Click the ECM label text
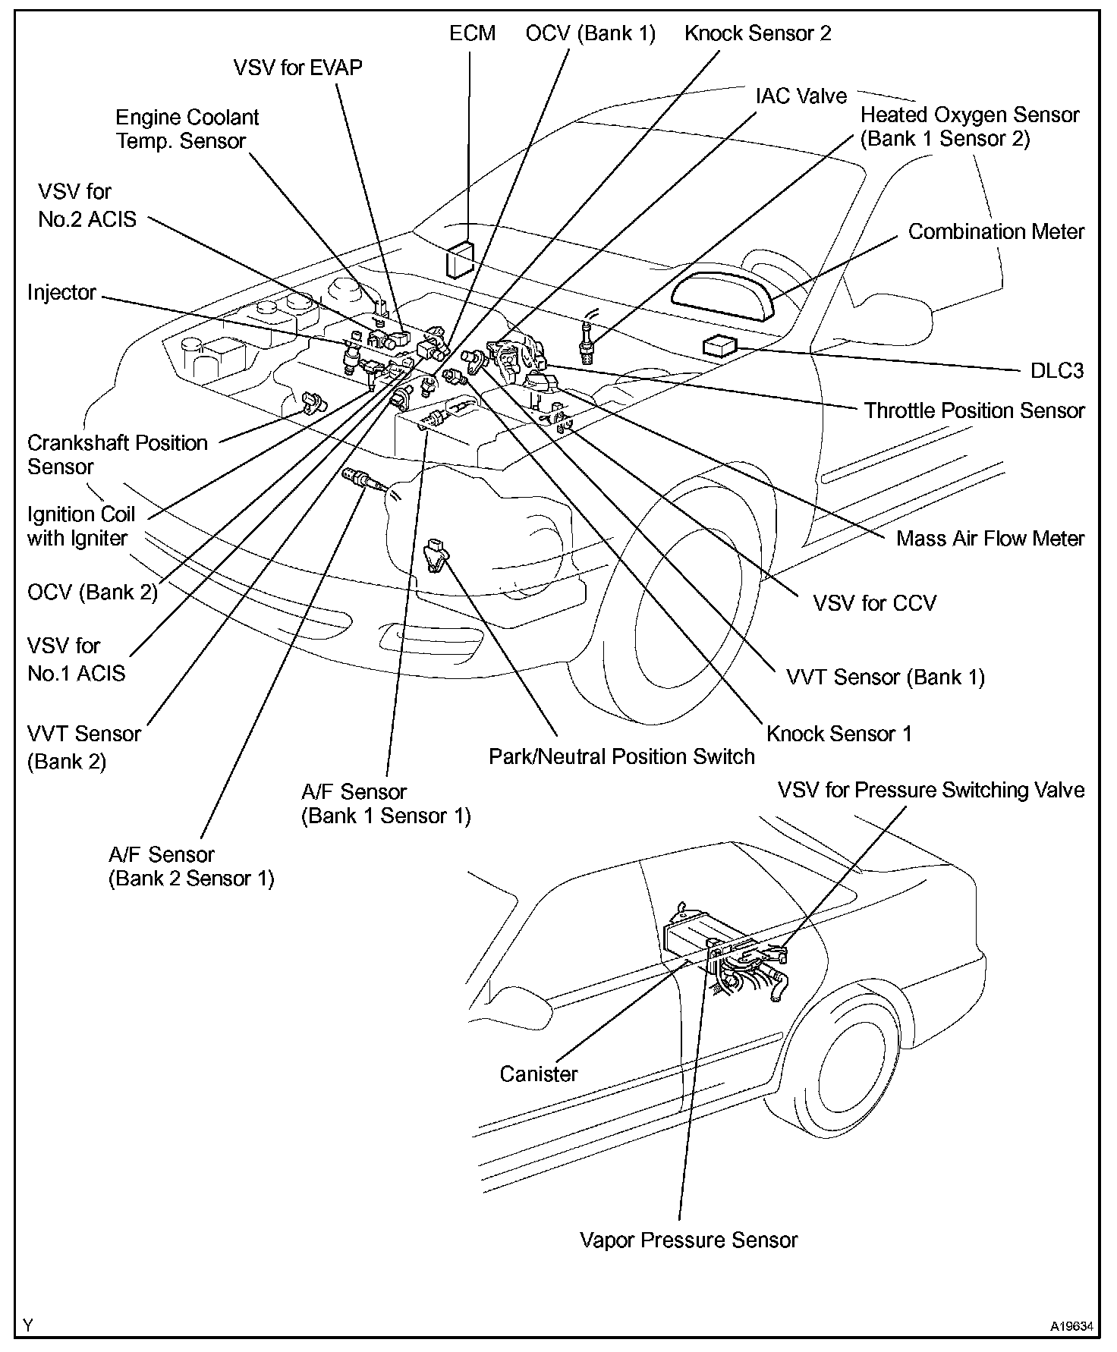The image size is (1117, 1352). click(x=472, y=33)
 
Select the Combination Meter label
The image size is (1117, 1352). click(x=996, y=231)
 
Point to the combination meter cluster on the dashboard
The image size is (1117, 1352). click(x=722, y=293)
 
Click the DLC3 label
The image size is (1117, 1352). click(x=1056, y=370)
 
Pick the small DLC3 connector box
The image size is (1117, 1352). click(x=719, y=346)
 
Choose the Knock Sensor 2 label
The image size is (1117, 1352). click(x=757, y=33)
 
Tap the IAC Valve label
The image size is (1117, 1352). click(x=801, y=96)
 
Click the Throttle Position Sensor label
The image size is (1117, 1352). click(x=974, y=410)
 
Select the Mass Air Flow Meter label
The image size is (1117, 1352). click(x=990, y=539)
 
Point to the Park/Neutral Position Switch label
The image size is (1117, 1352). click(x=621, y=756)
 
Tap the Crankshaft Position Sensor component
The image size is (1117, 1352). click(x=312, y=402)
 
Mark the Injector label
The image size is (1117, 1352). click(x=61, y=293)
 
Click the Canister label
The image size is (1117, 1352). click(x=538, y=1074)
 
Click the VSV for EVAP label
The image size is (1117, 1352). click(x=297, y=68)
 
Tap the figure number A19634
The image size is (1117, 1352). click(x=1071, y=1327)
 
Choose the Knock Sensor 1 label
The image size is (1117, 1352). click(x=839, y=734)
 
